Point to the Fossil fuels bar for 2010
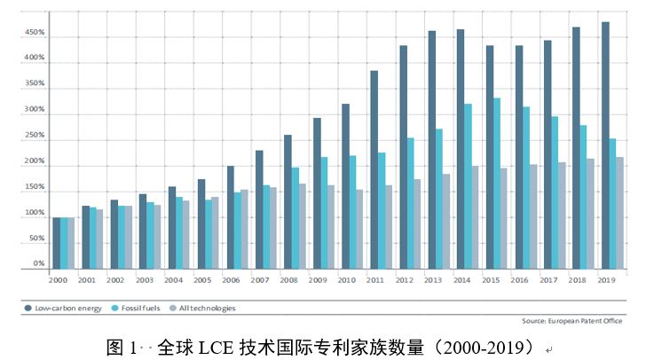[x=352, y=212]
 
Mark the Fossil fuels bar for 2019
[x=612, y=203]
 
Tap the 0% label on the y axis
[x=38, y=263]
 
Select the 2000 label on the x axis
[x=58, y=280]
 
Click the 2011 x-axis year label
[x=374, y=280]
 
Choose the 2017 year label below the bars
[x=548, y=280]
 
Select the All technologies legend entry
[x=204, y=308]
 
